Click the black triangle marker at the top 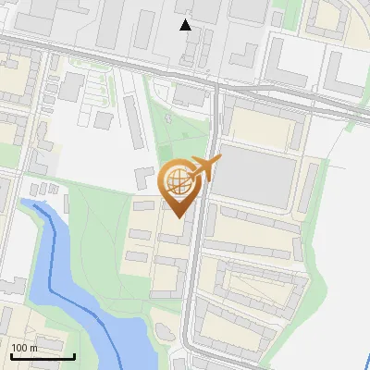186,25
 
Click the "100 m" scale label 25,348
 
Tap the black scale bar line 43,356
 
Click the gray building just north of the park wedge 190,95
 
